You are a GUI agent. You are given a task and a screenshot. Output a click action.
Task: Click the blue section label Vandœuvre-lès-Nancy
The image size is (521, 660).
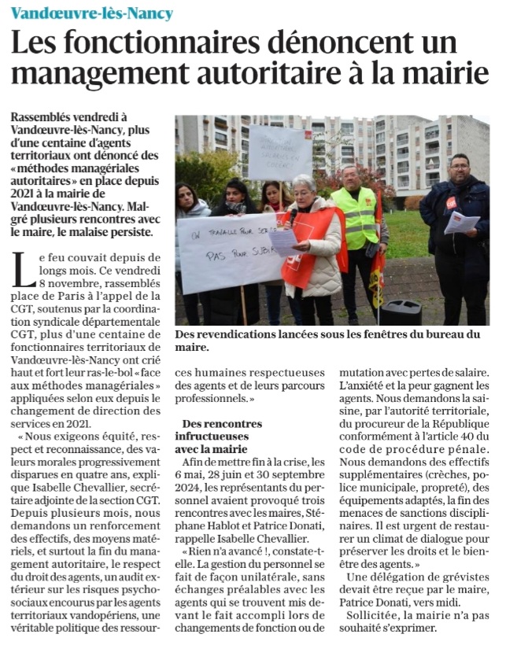coord(91,13)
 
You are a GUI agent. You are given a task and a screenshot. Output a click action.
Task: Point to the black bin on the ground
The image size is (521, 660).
coord(401,312)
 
